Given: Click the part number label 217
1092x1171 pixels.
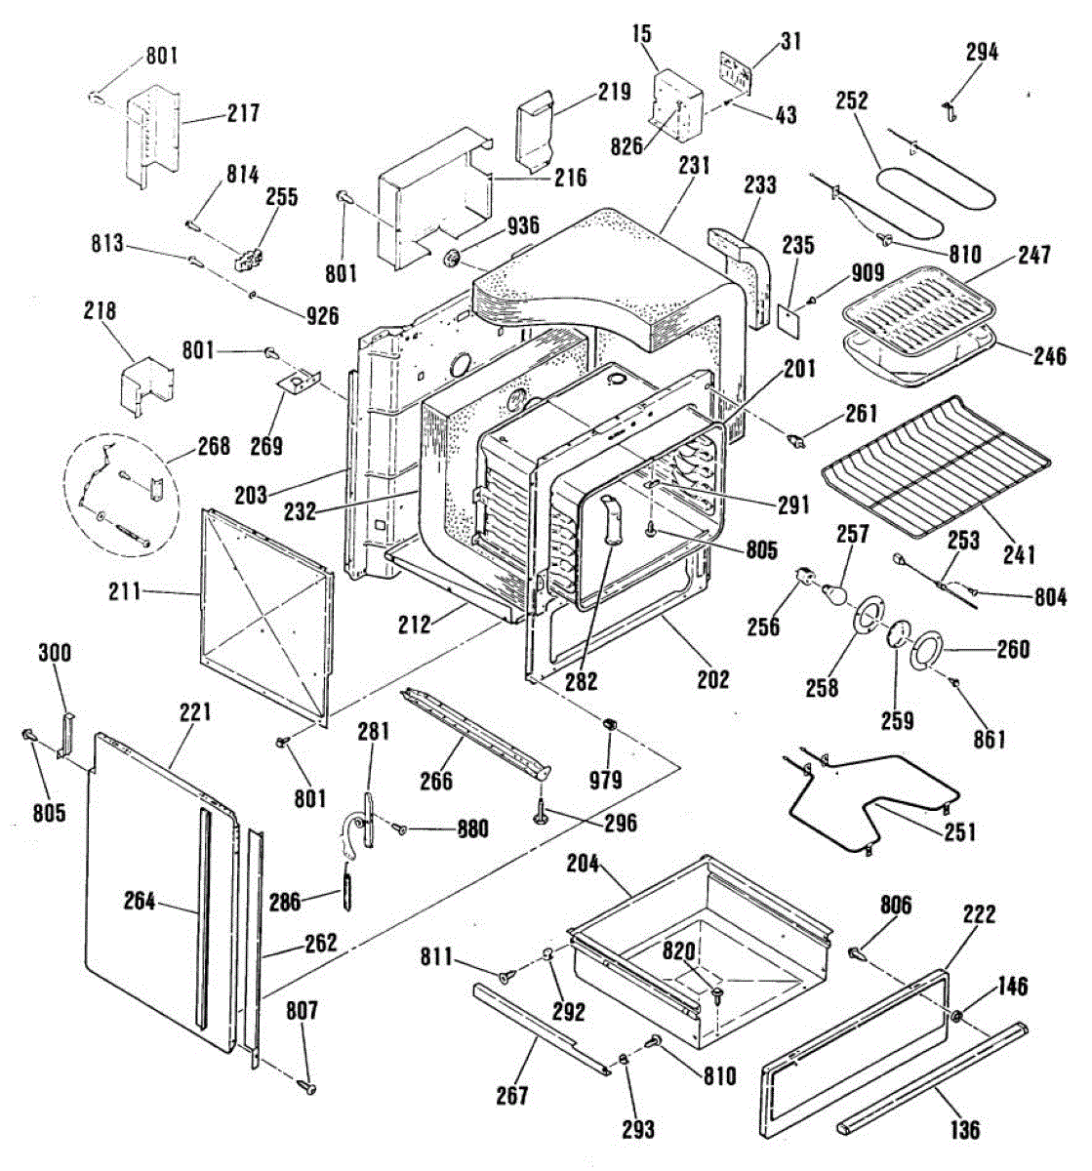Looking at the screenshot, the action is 244,112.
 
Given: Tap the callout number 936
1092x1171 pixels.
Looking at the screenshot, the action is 523,224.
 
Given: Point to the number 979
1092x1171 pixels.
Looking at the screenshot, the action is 605,780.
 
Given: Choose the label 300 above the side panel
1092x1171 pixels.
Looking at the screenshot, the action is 55,653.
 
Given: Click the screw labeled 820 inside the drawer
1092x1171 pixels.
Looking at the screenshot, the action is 718,996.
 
